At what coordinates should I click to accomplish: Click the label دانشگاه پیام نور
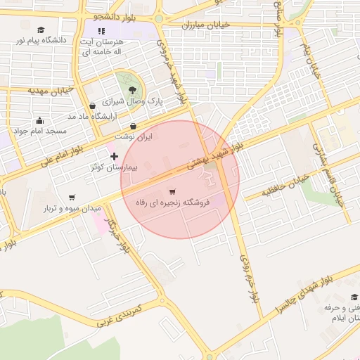41,41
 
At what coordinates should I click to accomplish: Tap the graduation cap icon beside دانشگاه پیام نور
41,30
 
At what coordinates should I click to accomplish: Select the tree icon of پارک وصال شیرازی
132,88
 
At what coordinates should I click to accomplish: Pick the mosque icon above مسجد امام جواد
39,120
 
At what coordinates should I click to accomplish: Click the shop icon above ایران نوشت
134,127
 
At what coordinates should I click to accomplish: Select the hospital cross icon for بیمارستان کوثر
115,155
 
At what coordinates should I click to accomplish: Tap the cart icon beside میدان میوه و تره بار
72,198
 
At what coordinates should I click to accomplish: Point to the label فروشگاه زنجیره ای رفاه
173,202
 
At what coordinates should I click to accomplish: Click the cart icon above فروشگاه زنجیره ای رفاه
173,191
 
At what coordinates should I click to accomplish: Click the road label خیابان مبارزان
207,25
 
